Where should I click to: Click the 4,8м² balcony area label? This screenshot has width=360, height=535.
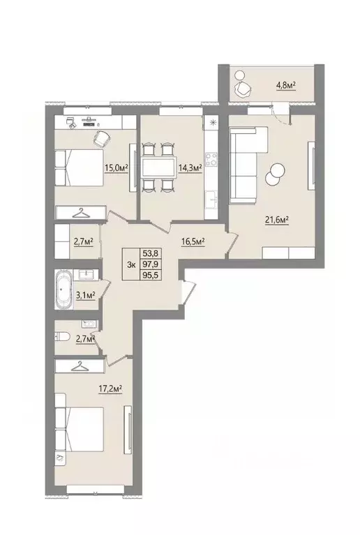coord(285,84)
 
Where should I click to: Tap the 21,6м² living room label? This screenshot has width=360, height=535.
coord(277,220)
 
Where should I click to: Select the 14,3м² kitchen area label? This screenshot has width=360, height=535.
coord(190,167)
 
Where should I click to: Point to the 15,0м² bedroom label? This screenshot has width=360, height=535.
coord(116,167)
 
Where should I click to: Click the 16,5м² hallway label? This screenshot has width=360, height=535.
coord(193,241)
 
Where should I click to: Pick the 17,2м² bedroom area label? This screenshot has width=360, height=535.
coord(110,389)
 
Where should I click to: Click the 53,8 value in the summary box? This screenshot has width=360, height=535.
coord(151,253)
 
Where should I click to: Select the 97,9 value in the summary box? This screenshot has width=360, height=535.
coord(151,264)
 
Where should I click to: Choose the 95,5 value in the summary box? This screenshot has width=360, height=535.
coord(151,275)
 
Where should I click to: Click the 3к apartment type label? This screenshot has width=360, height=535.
coord(131,264)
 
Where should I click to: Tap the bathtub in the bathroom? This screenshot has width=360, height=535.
coord(63,289)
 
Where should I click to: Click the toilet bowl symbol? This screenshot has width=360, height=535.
coord(63,337)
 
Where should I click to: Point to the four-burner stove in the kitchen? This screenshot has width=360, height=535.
coord(211,159)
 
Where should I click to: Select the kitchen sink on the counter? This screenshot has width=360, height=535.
coord(211,198)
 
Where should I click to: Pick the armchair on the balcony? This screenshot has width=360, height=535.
coord(243,89)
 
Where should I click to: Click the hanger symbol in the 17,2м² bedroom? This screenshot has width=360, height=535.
coord(80,366)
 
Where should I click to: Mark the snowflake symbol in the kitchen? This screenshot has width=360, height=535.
coord(213,123)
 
